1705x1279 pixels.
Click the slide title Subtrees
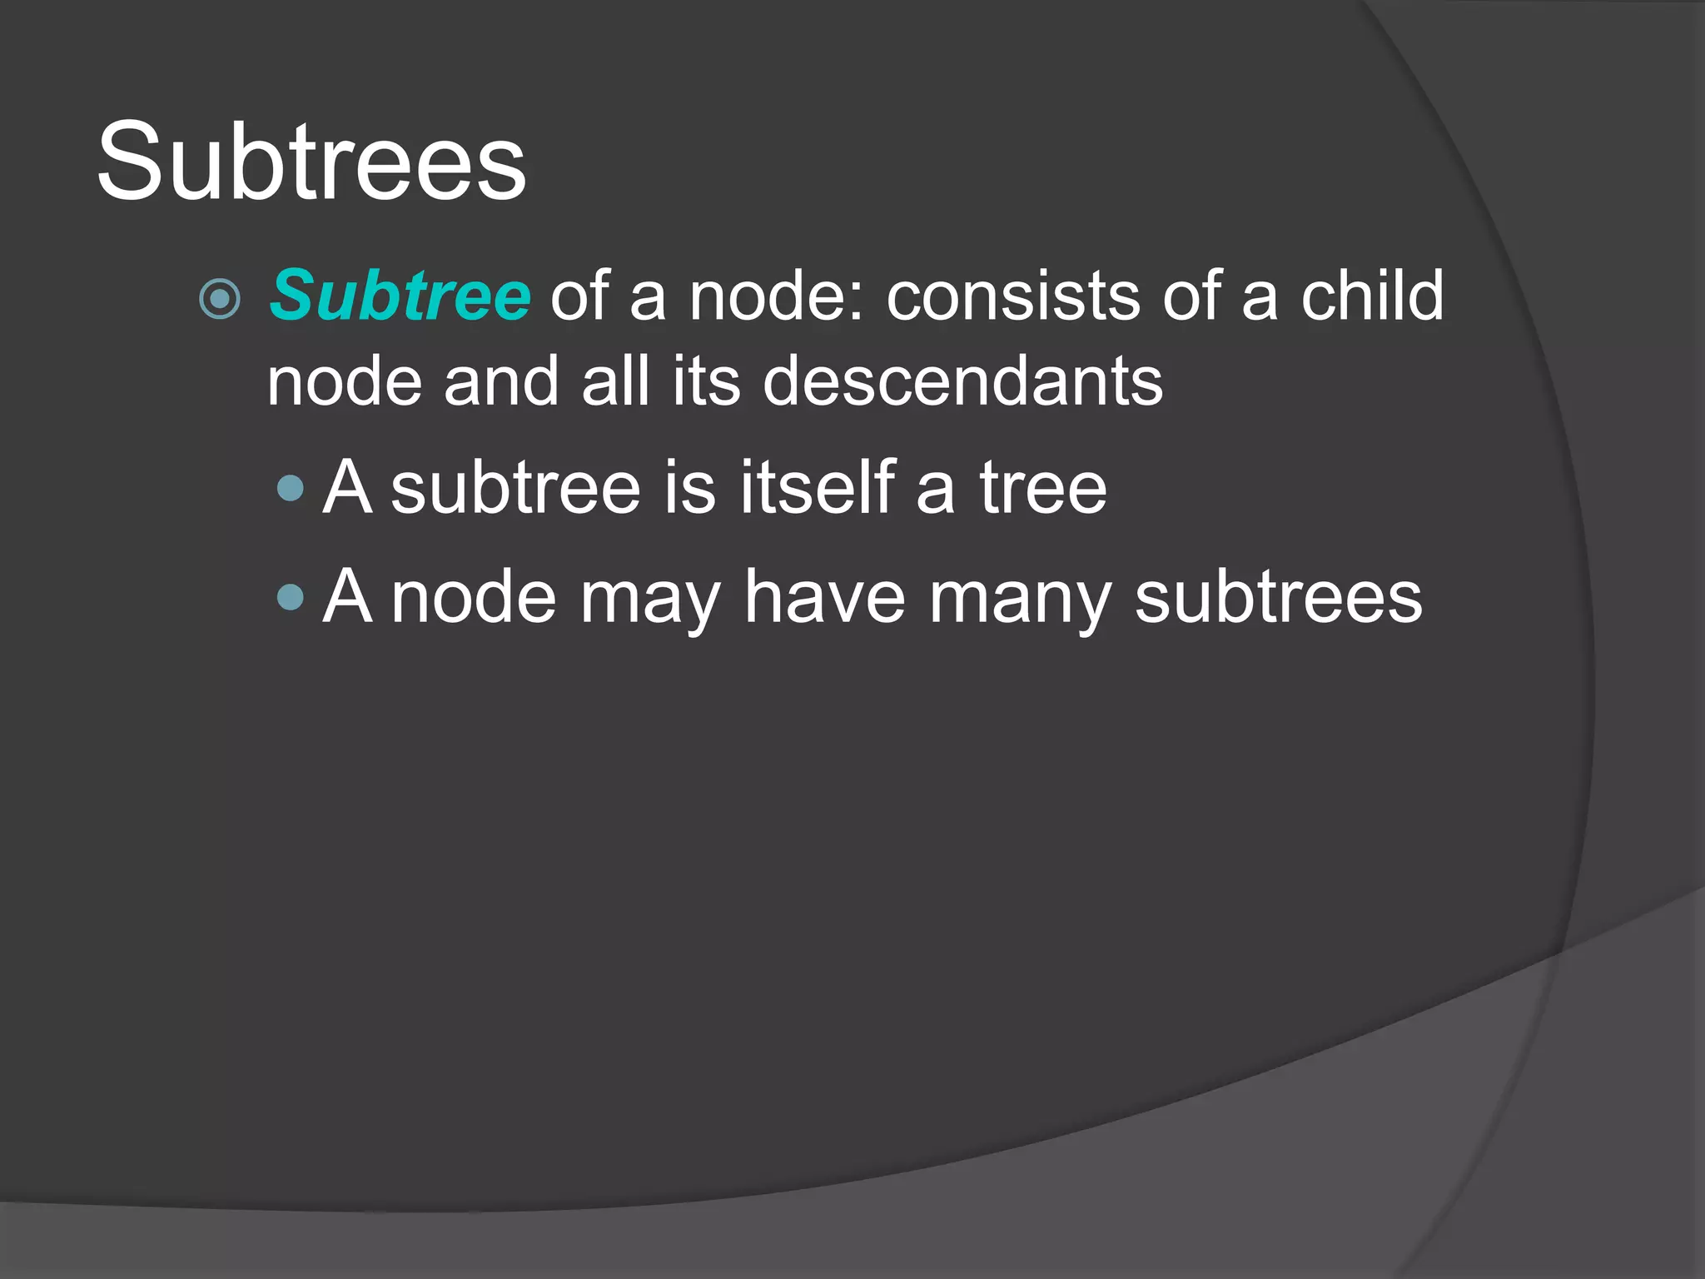(x=311, y=161)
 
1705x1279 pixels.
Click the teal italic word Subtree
(x=400, y=296)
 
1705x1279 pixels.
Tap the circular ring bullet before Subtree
(x=221, y=298)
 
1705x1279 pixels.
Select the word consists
(x=1013, y=296)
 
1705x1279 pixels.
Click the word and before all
(x=501, y=381)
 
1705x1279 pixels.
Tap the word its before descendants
(x=706, y=381)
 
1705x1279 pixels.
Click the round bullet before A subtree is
(x=291, y=488)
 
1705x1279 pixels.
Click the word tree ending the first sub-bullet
(x=1043, y=488)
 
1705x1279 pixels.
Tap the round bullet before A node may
(x=291, y=597)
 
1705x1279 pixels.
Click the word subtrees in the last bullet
(x=1279, y=597)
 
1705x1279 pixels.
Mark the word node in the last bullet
(x=474, y=597)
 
